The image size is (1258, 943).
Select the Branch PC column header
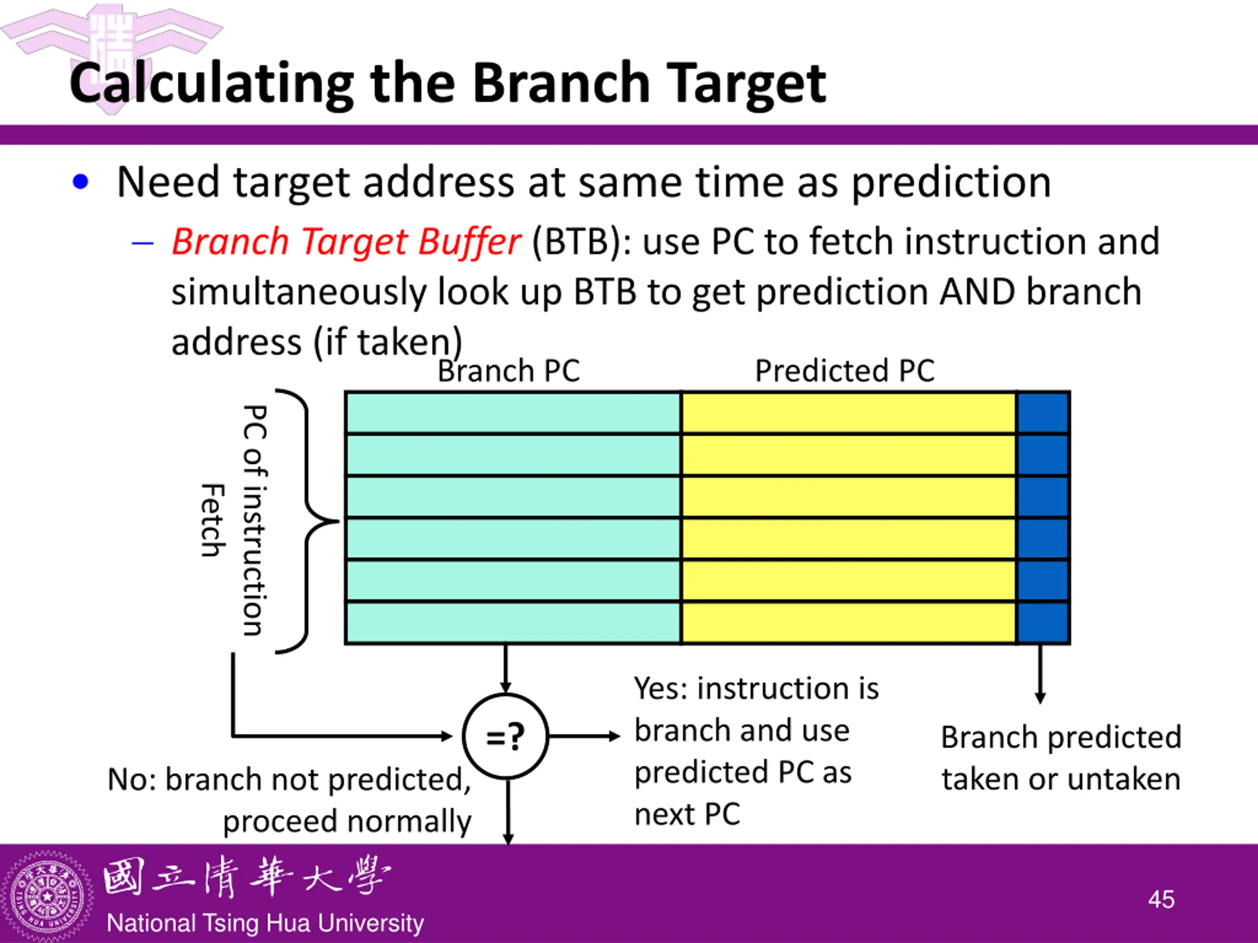[x=509, y=371]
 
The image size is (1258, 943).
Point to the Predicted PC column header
[x=845, y=371]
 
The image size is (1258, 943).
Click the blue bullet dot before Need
[x=81, y=182]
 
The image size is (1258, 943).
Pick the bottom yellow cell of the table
[x=849, y=622]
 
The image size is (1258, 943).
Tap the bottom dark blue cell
[x=1043, y=622]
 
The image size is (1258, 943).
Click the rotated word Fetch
[x=214, y=520]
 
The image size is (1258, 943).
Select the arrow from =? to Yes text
[x=585, y=737]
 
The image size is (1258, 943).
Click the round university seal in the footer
[x=47, y=897]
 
